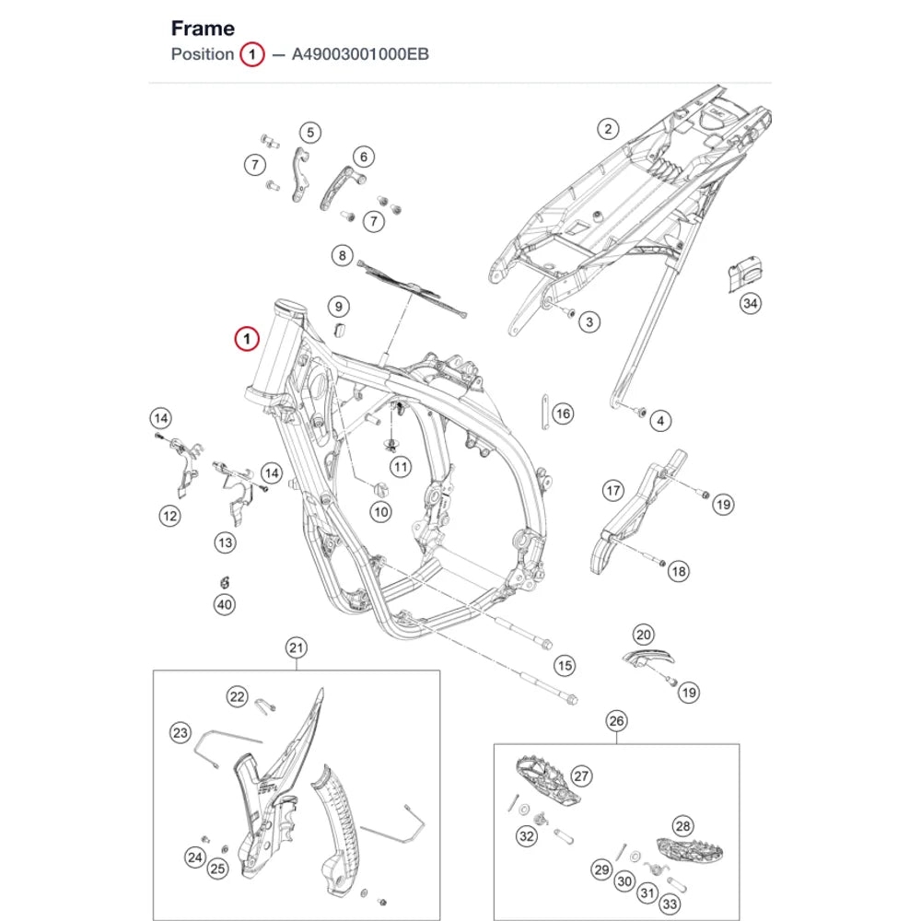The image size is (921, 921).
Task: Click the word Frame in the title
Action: click(x=203, y=29)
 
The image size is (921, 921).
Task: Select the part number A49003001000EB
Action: click(x=360, y=54)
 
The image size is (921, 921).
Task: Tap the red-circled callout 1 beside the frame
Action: click(x=247, y=339)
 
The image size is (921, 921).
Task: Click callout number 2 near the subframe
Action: click(x=608, y=129)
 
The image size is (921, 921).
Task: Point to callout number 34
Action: click(x=750, y=303)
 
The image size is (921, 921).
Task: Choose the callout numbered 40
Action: click(x=225, y=604)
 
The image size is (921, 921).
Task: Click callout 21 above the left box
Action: click(x=296, y=647)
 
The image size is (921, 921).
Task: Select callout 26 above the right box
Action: click(x=616, y=721)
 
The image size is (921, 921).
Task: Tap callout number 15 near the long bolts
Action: click(x=565, y=666)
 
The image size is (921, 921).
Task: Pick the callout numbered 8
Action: click(x=343, y=255)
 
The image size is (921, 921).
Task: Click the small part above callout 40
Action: click(x=225, y=582)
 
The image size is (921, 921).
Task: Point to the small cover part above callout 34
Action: click(x=744, y=274)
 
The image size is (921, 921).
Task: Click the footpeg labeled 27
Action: click(x=547, y=781)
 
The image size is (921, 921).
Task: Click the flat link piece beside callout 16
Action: click(x=545, y=413)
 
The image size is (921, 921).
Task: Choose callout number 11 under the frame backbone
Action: click(x=401, y=467)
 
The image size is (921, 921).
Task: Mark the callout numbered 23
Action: click(x=181, y=732)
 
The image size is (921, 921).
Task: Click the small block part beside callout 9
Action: click(x=340, y=330)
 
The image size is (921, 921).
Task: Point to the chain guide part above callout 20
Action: click(x=647, y=659)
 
